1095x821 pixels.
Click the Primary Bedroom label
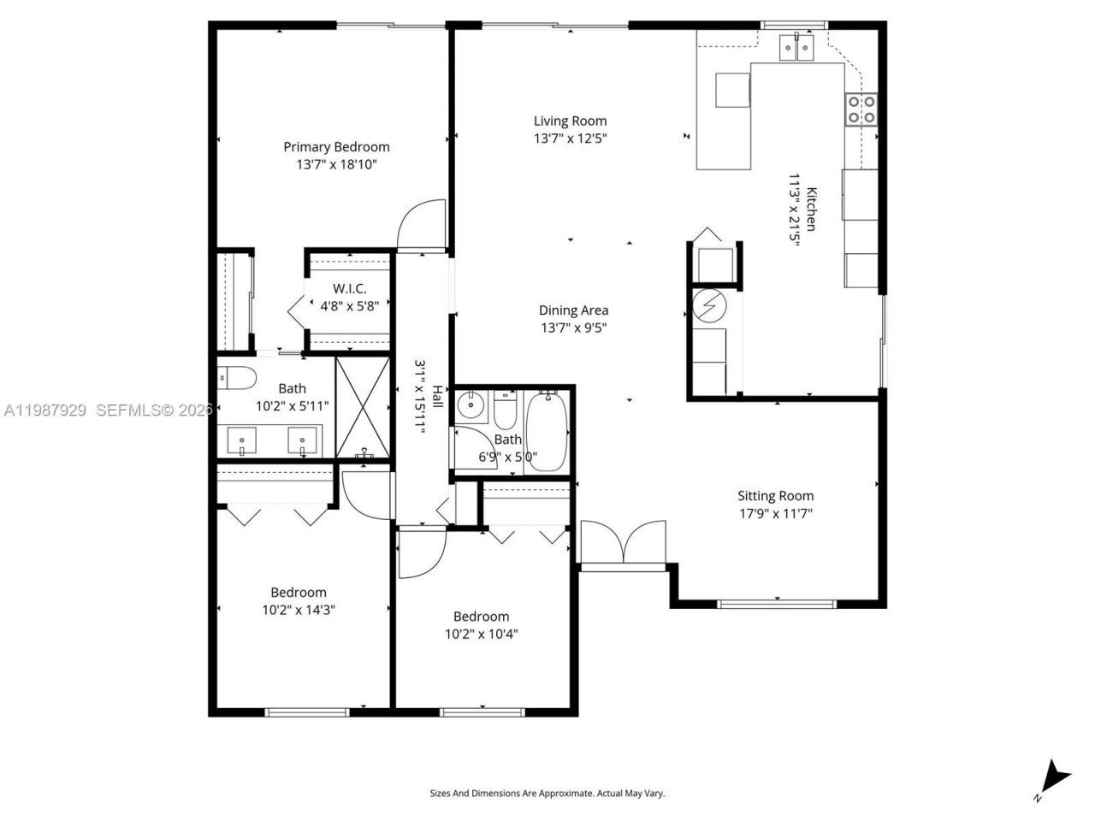[336, 147]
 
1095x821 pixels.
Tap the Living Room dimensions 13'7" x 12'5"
[571, 139]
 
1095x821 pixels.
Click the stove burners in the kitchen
[861, 109]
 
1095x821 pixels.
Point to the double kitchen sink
[798, 48]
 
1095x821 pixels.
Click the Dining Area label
[573, 310]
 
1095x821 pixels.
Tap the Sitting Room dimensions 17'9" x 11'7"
[775, 514]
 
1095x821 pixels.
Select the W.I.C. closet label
[349, 288]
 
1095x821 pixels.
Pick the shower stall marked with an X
[364, 408]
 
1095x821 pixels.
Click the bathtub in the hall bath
[545, 432]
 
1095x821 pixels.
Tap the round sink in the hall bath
[470, 405]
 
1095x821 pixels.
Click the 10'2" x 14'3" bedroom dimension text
[299, 611]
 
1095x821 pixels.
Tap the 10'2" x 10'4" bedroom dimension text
[481, 635]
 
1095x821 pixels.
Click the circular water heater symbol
[708, 304]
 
